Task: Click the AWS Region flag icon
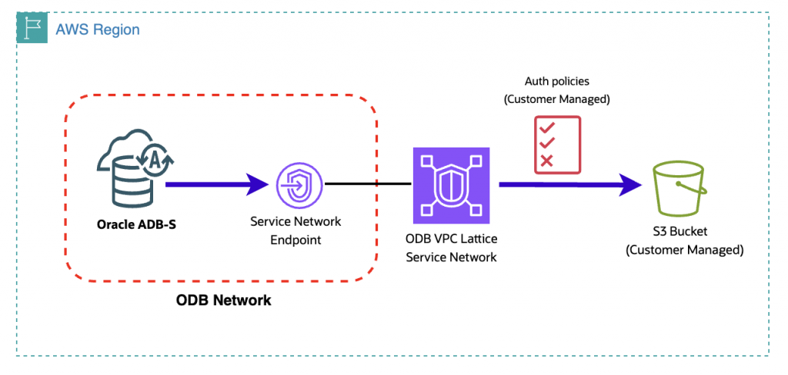32,28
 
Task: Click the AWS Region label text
98,30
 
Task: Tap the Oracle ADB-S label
137,224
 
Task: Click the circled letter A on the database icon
155,161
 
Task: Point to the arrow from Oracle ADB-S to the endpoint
217,184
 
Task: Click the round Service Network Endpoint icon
300,184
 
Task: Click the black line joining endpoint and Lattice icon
368,184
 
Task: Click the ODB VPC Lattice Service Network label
451,248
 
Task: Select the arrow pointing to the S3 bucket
571,184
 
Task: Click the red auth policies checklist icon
557,144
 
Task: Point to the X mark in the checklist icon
546,160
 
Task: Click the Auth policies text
557,81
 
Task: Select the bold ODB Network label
224,300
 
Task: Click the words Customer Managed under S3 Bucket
684,250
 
